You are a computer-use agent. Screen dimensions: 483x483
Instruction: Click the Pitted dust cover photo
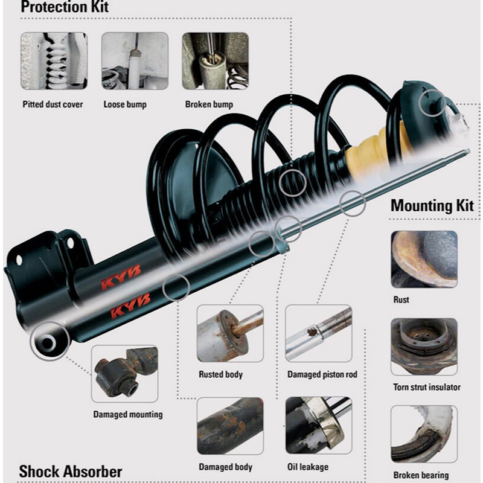click(x=54, y=61)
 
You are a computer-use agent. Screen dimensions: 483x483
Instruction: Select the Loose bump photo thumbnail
click(x=135, y=61)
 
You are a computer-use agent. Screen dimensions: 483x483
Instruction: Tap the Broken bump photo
click(x=216, y=61)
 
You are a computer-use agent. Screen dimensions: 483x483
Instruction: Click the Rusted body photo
click(x=230, y=333)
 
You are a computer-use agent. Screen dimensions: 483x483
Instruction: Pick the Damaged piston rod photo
click(x=319, y=333)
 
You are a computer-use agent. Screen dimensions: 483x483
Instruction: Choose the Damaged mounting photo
click(x=125, y=374)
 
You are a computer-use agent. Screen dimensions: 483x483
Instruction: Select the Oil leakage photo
click(x=319, y=426)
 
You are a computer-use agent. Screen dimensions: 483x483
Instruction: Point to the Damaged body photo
click(x=230, y=426)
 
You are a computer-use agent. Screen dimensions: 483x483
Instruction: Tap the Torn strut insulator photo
click(x=424, y=347)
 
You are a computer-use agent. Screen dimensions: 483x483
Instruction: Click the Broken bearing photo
click(x=424, y=434)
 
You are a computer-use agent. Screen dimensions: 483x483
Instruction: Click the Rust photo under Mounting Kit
click(x=424, y=260)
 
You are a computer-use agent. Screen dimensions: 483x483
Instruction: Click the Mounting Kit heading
click(x=432, y=205)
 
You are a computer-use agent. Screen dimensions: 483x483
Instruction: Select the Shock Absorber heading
click(x=71, y=472)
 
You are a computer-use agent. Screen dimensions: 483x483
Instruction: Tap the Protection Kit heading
click(x=65, y=7)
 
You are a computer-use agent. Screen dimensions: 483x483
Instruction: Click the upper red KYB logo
click(x=121, y=277)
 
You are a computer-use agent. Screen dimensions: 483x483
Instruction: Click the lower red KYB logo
click(x=130, y=305)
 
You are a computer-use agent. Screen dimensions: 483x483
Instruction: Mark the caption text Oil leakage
click(x=308, y=467)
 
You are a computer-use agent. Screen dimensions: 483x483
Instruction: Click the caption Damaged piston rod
click(x=322, y=374)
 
